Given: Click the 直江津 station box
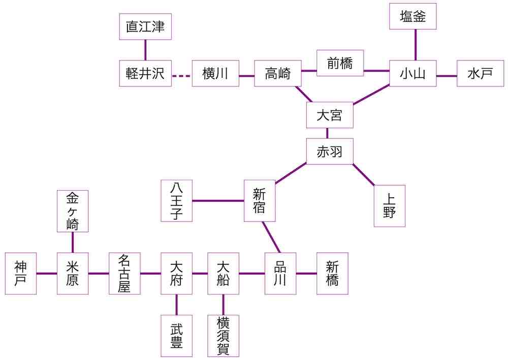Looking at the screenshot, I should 145,26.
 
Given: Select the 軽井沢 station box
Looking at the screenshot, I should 145,73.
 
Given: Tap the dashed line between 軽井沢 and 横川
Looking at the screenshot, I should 181,76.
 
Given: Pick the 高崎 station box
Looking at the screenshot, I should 278,73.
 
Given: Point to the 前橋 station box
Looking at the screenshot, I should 340,63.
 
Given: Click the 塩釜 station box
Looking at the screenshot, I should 413,16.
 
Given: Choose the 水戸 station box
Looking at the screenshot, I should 480,73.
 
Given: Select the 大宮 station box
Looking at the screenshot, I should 330,115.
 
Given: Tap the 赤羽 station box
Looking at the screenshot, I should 330,152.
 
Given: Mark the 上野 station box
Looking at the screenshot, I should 390,206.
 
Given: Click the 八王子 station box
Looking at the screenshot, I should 176,201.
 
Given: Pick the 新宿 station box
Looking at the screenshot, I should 260,201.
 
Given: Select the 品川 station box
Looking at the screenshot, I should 280,274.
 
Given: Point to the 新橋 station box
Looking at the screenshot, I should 332,274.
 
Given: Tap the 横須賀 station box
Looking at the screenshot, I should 223,336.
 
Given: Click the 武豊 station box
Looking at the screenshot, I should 176,336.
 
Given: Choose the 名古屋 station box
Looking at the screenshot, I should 124,274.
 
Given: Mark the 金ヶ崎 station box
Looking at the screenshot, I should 73,211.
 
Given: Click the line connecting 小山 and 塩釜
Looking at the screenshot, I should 416,45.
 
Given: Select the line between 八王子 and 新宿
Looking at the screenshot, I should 218,201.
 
